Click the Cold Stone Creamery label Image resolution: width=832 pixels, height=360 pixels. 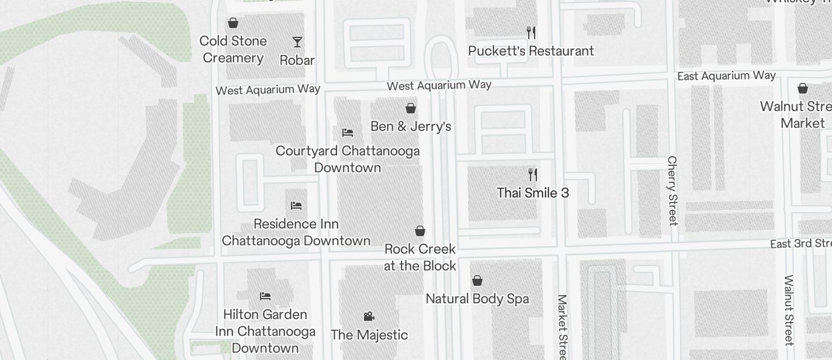click(x=233, y=49)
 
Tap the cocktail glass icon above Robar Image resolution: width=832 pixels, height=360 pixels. click(x=297, y=41)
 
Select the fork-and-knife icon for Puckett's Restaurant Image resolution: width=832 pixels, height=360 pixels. click(x=531, y=32)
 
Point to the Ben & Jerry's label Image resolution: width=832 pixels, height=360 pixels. click(x=411, y=126)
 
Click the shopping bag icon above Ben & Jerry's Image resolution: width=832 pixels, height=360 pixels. click(x=411, y=108)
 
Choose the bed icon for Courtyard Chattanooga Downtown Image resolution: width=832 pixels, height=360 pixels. click(x=348, y=133)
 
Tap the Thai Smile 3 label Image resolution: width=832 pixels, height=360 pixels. click(x=532, y=193)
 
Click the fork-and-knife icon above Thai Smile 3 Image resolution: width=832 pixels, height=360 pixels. click(x=532, y=174)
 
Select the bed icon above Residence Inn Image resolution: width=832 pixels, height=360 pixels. click(x=296, y=206)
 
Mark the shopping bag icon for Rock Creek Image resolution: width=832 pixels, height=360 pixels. click(x=420, y=231)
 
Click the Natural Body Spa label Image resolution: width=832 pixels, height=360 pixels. click(x=477, y=299)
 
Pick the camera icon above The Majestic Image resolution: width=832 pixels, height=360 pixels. click(x=369, y=317)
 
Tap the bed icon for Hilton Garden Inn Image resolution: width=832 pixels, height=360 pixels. click(x=265, y=296)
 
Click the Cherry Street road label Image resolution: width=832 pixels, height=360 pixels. click(x=672, y=191)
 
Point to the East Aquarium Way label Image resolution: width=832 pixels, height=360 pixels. click(x=726, y=76)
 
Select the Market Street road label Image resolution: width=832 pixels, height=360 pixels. click(x=562, y=327)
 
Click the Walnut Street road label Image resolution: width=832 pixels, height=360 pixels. click(x=789, y=310)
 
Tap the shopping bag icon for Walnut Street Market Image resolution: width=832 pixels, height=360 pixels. click(x=803, y=88)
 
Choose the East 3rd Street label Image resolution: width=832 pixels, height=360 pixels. click(x=800, y=244)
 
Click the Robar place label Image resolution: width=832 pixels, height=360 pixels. click(x=297, y=60)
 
